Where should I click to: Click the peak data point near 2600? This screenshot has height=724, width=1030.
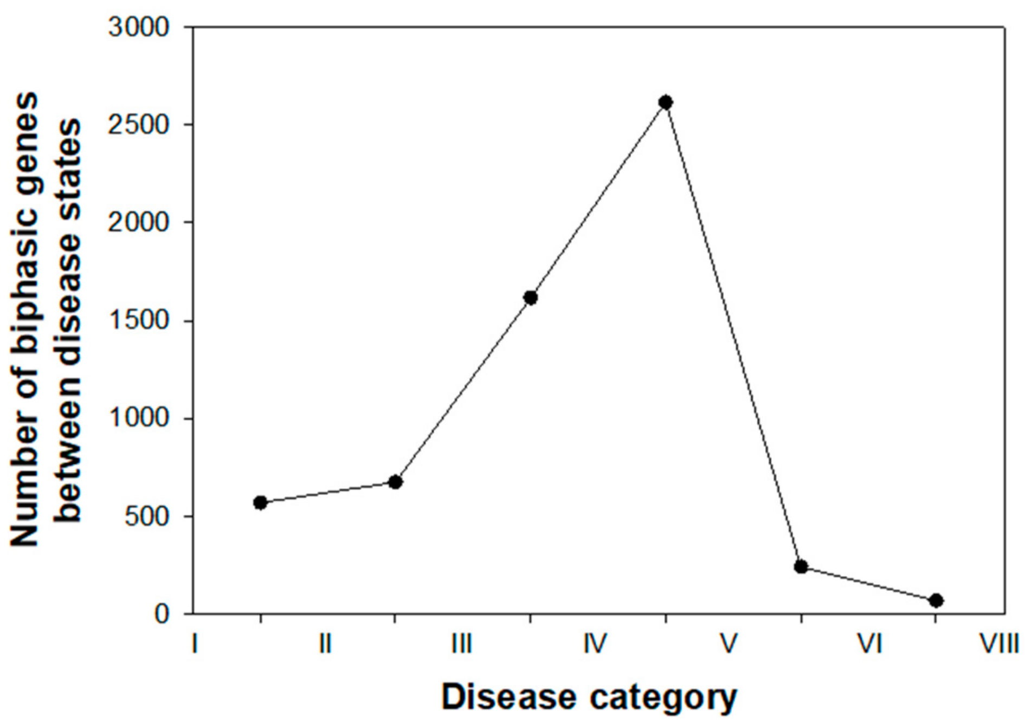coord(666,102)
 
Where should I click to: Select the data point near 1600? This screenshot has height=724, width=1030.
coord(531,298)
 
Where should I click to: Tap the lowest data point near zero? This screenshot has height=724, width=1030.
coord(936,600)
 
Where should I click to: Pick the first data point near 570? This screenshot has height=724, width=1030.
coord(260,502)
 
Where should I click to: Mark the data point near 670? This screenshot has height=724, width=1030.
coord(395,482)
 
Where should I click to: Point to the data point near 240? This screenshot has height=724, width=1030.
coord(801,567)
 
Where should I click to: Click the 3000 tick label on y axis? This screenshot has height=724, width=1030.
coord(139,27)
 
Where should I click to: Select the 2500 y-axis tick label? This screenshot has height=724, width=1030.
coord(139,125)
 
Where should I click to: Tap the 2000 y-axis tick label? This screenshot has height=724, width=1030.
coord(139,223)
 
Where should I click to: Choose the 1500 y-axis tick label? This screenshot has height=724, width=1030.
coord(139,321)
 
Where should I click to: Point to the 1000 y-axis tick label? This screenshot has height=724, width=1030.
coord(139,418)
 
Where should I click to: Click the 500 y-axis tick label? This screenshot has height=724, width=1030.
coord(147,516)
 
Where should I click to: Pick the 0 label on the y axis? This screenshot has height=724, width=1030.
coord(162,614)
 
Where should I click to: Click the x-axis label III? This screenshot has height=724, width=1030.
coord(461,644)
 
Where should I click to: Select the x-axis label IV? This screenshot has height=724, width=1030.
coord(595,644)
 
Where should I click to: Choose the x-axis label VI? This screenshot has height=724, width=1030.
coord(870,644)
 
